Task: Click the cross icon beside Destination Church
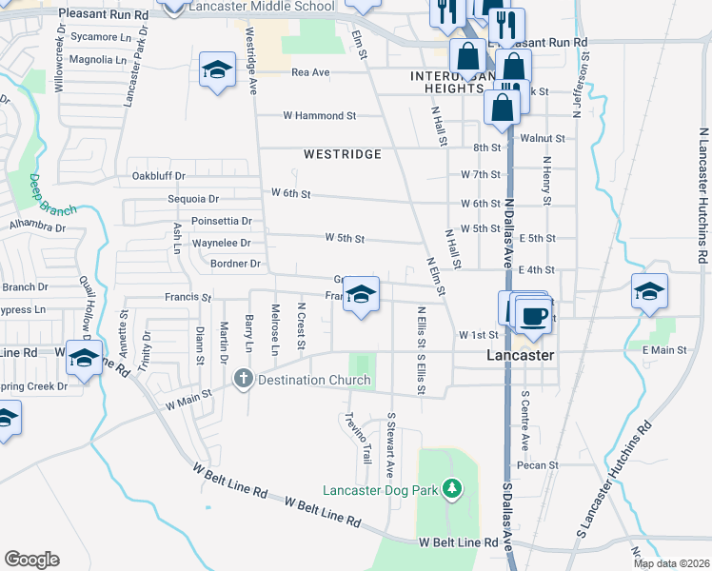tap(244, 380)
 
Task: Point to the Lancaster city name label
tap(521, 354)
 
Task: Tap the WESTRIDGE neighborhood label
tap(343, 154)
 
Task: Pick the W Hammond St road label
tap(319, 115)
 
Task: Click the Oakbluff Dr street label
tap(157, 176)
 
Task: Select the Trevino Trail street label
tap(358, 439)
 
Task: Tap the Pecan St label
tap(530, 465)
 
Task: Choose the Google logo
tap(31, 560)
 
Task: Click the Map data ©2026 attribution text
tap(671, 563)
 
